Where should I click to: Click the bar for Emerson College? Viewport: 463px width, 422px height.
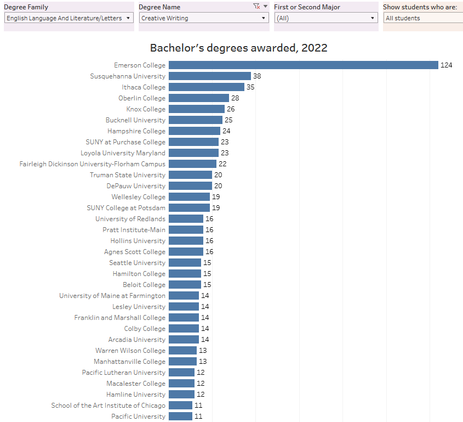click(303, 65)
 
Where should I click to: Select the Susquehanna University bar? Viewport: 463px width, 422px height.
click(209, 76)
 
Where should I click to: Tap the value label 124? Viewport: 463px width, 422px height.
click(446, 65)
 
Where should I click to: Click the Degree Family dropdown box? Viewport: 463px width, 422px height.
click(68, 18)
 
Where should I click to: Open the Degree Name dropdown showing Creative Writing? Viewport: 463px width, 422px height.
click(203, 18)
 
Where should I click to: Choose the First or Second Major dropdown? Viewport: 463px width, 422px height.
click(326, 18)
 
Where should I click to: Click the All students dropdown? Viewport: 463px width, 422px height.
click(422, 18)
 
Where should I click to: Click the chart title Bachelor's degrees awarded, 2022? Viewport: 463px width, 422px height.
click(238, 48)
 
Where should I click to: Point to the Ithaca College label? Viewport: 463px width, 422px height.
click(143, 87)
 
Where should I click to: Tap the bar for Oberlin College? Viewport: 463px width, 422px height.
click(198, 98)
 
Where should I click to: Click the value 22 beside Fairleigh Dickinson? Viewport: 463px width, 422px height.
click(222, 164)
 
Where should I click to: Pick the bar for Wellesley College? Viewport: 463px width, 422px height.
click(189, 197)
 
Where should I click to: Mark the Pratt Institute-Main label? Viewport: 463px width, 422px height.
click(134, 230)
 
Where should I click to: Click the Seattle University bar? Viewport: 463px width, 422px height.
click(185, 263)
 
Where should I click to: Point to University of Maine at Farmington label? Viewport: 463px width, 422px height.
click(112, 296)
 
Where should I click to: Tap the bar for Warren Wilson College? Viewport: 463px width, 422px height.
click(182, 351)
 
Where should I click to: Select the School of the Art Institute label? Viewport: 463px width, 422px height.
click(108, 406)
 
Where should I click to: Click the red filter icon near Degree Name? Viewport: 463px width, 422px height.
click(256, 7)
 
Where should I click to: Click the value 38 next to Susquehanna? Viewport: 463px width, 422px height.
click(257, 76)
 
